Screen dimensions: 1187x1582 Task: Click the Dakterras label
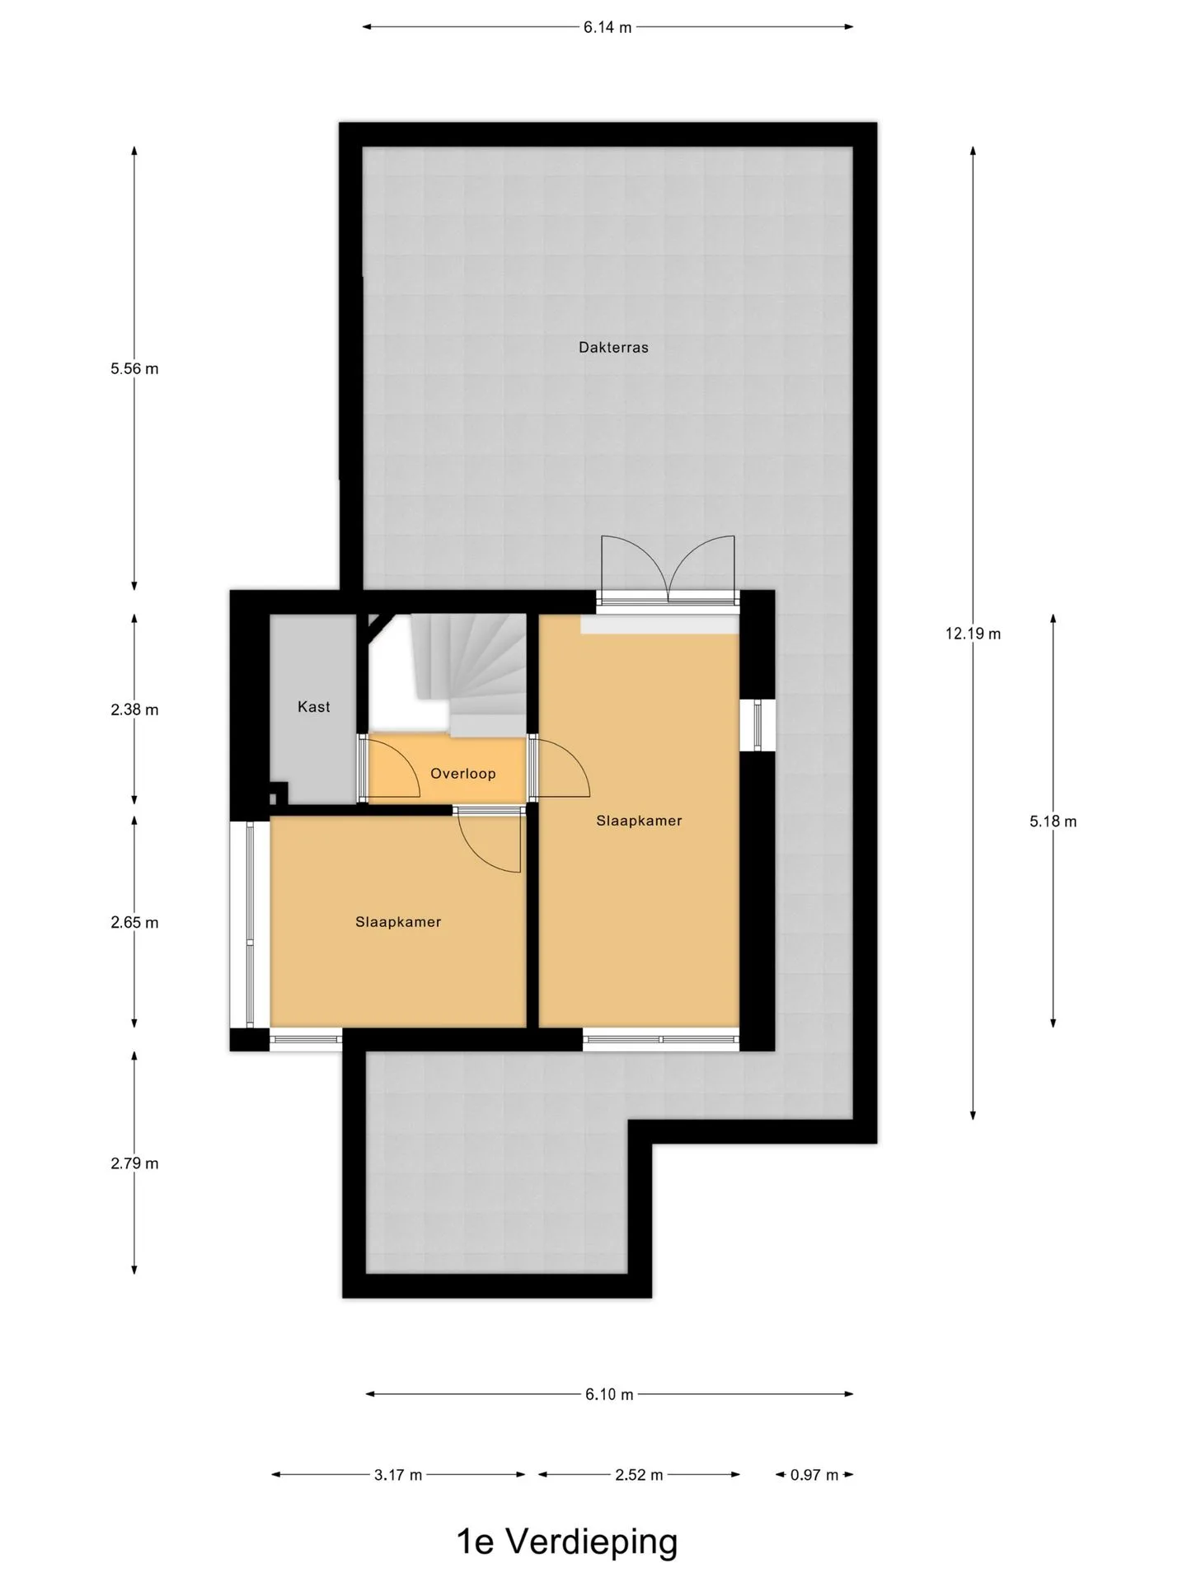[613, 348]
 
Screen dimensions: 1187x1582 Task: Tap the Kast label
[314, 707]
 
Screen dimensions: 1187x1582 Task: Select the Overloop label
[463, 774]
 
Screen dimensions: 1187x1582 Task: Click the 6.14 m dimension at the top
[608, 27]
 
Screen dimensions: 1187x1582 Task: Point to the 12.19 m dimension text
[974, 634]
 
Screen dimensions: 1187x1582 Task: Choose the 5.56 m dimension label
[134, 369]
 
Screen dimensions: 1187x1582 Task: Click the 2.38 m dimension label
[134, 709]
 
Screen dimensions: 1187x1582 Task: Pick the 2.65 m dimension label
[134, 923]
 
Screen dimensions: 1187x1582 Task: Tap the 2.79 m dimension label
[134, 1163]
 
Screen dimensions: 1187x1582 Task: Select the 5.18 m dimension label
[1053, 821]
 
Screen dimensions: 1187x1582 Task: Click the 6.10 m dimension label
[609, 1394]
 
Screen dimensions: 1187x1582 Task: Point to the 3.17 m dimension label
[398, 1475]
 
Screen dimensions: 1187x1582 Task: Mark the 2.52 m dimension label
[639, 1475]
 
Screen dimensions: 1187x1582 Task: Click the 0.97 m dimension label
[814, 1475]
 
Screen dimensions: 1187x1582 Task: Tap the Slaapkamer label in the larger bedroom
[640, 821]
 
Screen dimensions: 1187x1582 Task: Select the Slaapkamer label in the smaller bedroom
[398, 922]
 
